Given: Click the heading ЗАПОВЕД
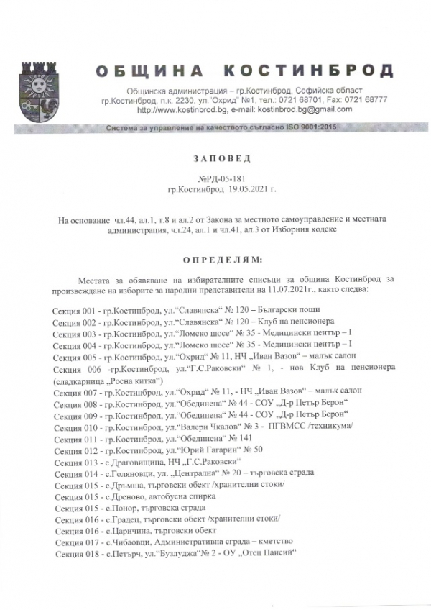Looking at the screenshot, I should coord(215,157).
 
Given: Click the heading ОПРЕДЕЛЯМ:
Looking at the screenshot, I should coord(215,257).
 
